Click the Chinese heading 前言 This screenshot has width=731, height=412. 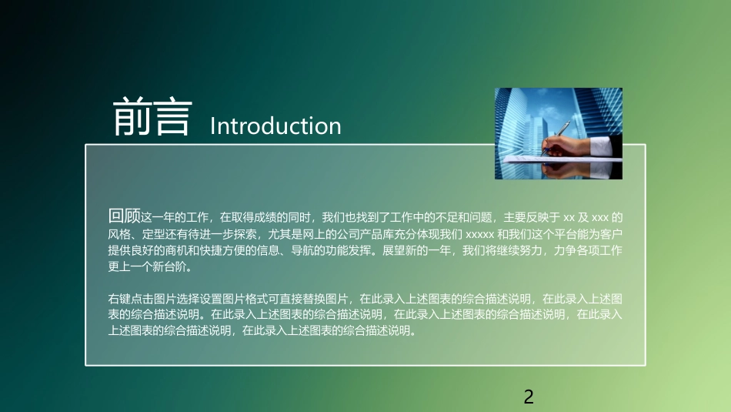[152, 118]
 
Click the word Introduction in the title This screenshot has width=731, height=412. [275, 126]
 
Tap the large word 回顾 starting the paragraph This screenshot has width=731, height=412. [125, 216]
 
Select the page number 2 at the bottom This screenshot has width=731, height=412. [528, 397]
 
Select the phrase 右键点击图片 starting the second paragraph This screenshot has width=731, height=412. [139, 298]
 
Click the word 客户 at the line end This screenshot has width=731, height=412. [610, 234]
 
